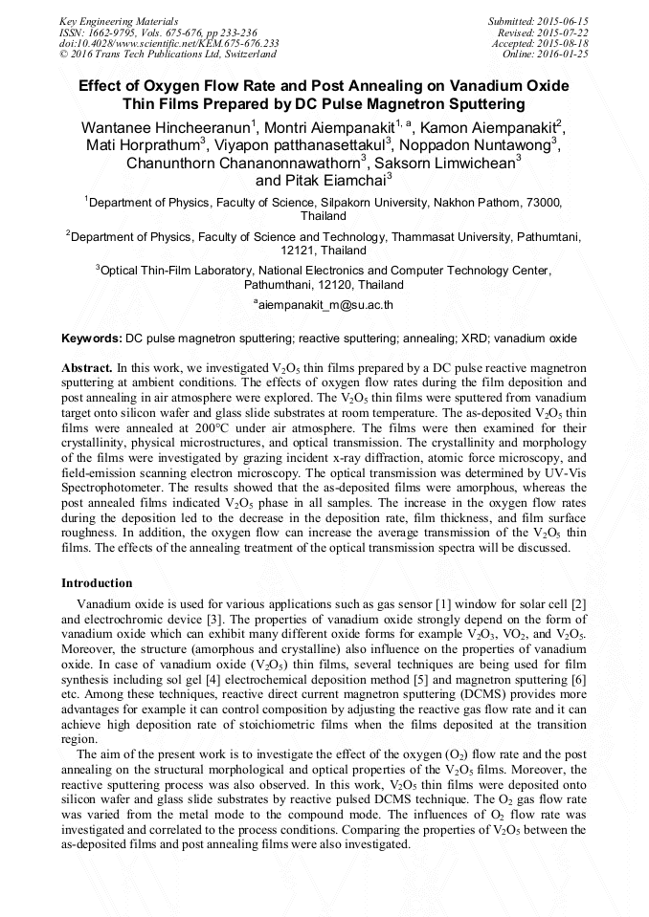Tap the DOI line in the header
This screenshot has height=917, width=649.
tap(169, 43)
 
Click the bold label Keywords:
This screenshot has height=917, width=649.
tap(92, 338)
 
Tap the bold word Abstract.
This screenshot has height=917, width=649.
tap(87, 367)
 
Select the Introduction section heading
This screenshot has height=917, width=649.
tap(97, 582)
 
